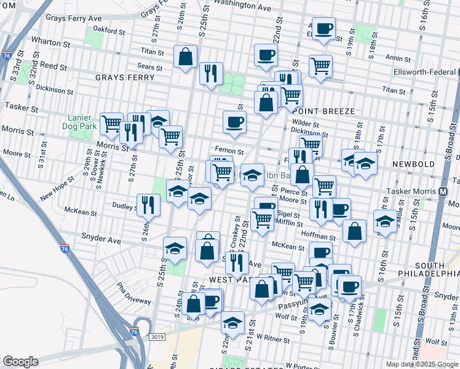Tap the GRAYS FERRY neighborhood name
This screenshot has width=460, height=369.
[x=121, y=77]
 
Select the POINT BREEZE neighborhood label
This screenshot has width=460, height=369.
[x=324, y=111]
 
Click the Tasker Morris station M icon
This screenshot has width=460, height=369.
[x=443, y=192]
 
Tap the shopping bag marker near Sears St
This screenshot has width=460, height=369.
[x=186, y=57]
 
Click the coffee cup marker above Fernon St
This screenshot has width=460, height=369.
[x=234, y=121]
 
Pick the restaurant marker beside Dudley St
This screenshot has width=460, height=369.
[x=148, y=205]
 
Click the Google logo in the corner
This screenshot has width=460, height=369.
[x=20, y=361]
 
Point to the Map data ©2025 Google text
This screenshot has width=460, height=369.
[x=422, y=364]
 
